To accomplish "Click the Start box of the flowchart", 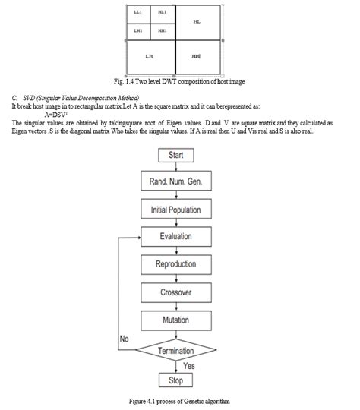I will coord(175,155).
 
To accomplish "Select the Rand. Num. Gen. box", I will coord(175,182).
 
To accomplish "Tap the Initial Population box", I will coord(175,209).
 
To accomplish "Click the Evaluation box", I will coord(175,236).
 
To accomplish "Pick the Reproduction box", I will coord(175,264).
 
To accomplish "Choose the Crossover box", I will coord(175,292).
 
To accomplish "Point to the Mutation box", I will coord(175,320).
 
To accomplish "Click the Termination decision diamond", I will coord(175,350).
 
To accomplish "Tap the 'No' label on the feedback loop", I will coord(125,339).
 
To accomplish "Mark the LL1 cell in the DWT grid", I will coord(137,13).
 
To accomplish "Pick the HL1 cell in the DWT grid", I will coord(162,13).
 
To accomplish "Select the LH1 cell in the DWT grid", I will coord(137,30).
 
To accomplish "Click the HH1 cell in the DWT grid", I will coord(162,30).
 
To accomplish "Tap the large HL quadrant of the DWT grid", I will coord(197,22).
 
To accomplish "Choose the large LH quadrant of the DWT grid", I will coord(150,56).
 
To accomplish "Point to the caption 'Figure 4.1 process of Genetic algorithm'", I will coord(179,400).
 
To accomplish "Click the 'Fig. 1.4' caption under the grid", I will coord(179,81).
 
